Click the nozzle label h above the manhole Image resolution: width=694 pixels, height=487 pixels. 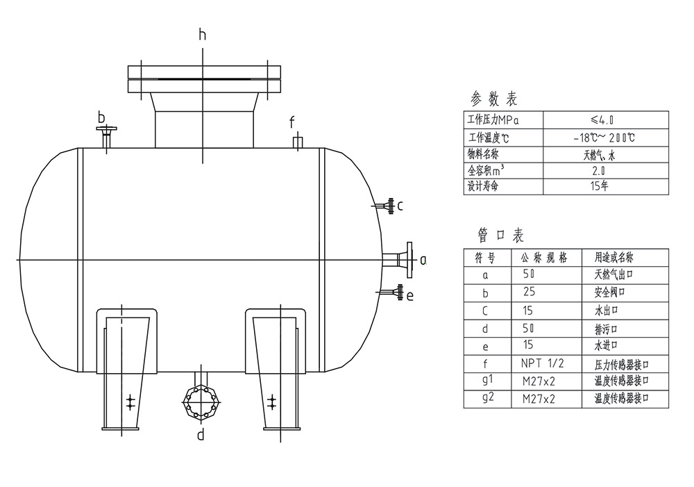click(x=203, y=34)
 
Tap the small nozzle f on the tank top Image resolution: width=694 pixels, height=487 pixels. click(x=297, y=142)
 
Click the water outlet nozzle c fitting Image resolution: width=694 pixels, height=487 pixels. click(x=387, y=206)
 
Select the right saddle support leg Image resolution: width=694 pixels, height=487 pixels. click(x=275, y=368)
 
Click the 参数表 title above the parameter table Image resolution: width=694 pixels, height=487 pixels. click(x=494, y=99)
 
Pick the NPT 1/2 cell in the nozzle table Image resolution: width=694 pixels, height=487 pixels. click(x=543, y=363)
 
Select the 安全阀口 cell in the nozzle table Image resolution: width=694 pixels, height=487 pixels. click(x=609, y=292)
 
